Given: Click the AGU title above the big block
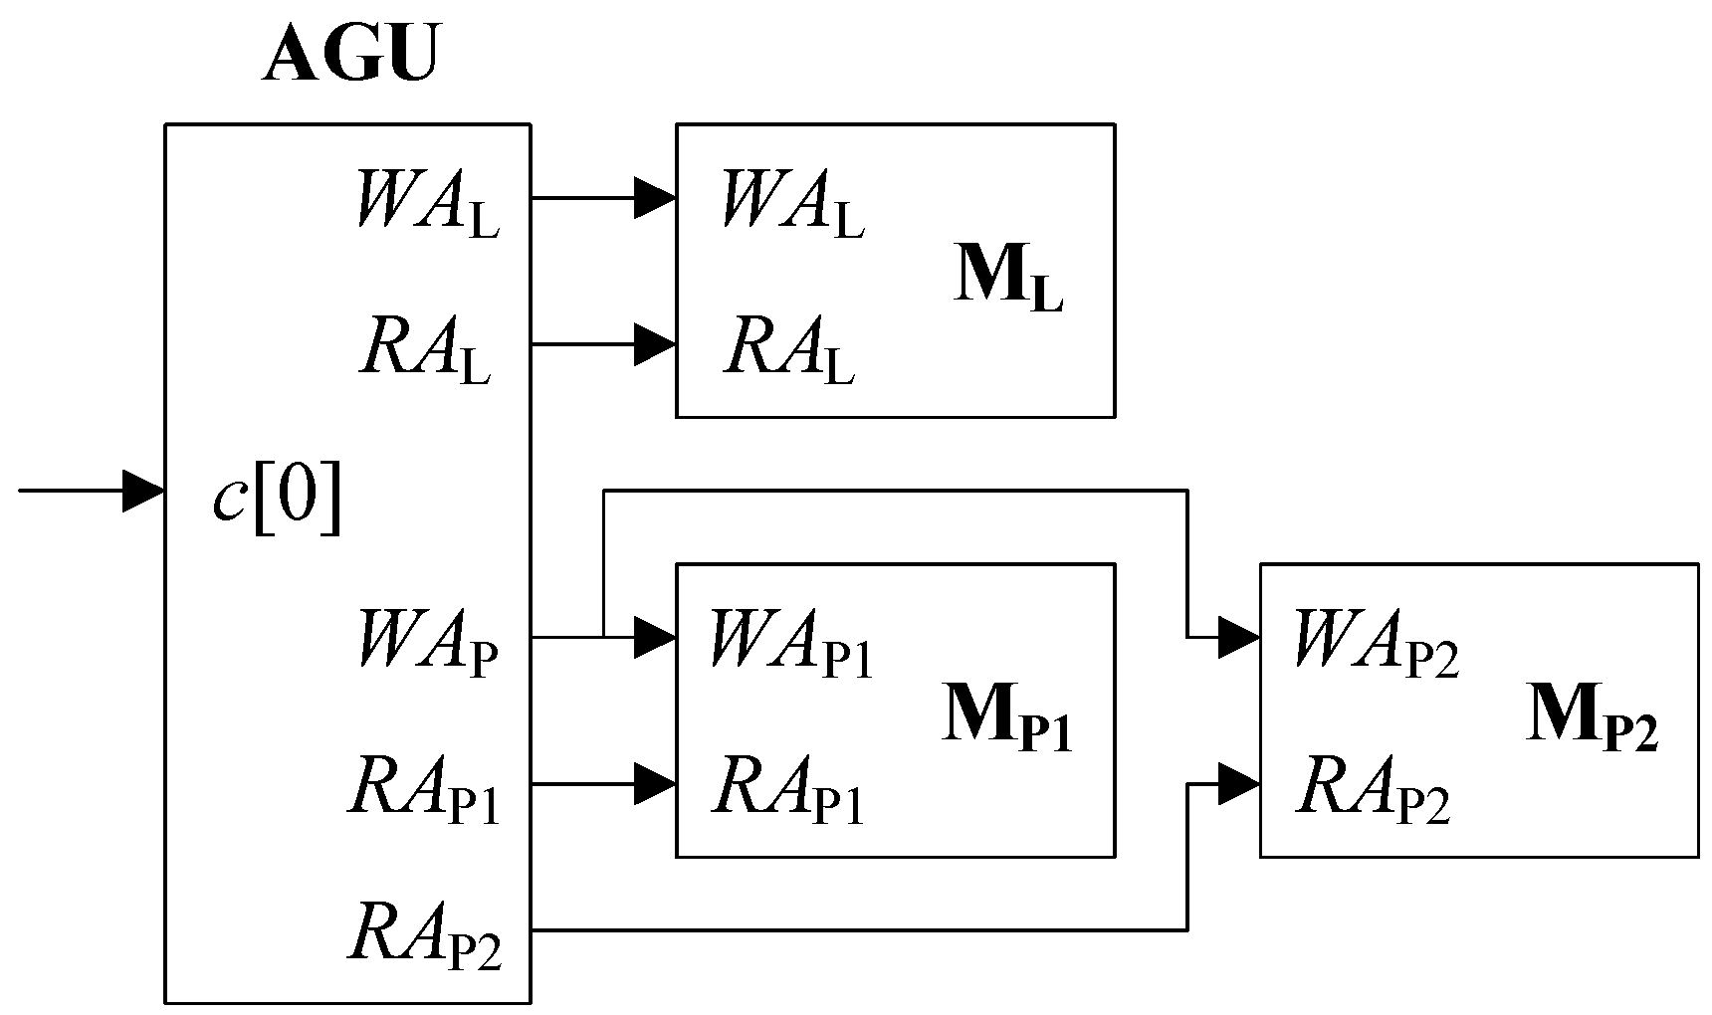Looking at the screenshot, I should (349, 55).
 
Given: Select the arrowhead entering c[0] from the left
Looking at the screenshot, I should (143, 491).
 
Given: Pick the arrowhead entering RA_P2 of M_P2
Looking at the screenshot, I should (1240, 784).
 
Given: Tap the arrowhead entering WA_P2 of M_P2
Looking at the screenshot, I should (1240, 638).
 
